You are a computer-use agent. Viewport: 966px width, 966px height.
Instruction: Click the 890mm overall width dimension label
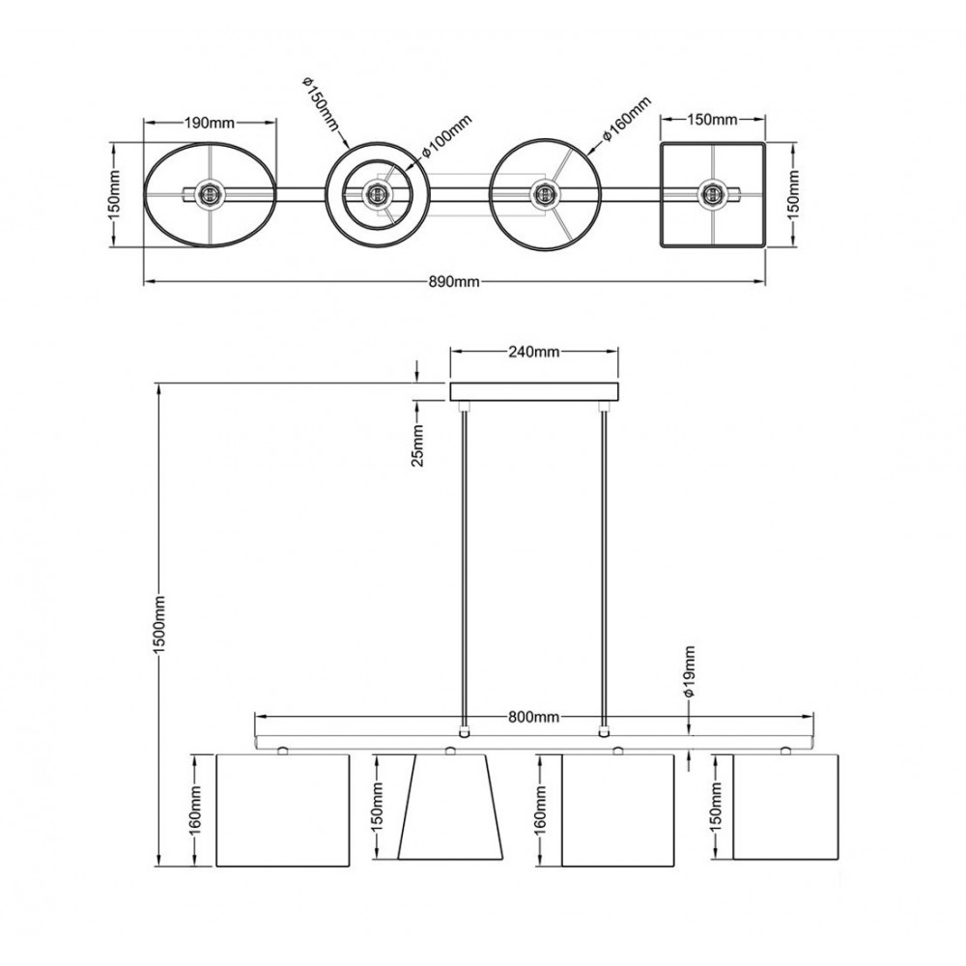454,281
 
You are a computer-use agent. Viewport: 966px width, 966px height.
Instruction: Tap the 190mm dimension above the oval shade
210,123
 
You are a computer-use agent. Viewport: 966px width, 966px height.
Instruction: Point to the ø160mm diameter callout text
626,120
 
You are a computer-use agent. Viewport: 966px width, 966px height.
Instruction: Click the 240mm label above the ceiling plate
533,352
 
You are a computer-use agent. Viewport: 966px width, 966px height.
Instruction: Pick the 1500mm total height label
159,625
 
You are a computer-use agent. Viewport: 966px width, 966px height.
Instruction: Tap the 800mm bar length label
533,717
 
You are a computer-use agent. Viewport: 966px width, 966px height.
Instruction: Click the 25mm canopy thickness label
417,445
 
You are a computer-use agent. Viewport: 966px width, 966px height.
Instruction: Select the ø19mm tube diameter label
690,671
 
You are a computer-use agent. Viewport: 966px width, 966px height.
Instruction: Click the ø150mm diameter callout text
321,104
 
